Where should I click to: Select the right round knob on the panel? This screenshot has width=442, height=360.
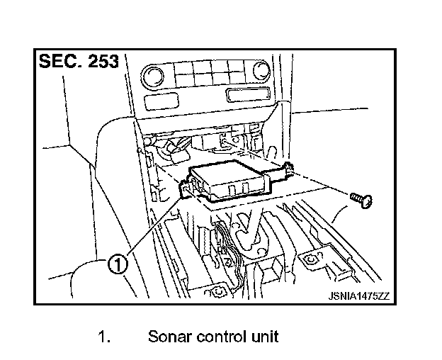coord(262,71)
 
